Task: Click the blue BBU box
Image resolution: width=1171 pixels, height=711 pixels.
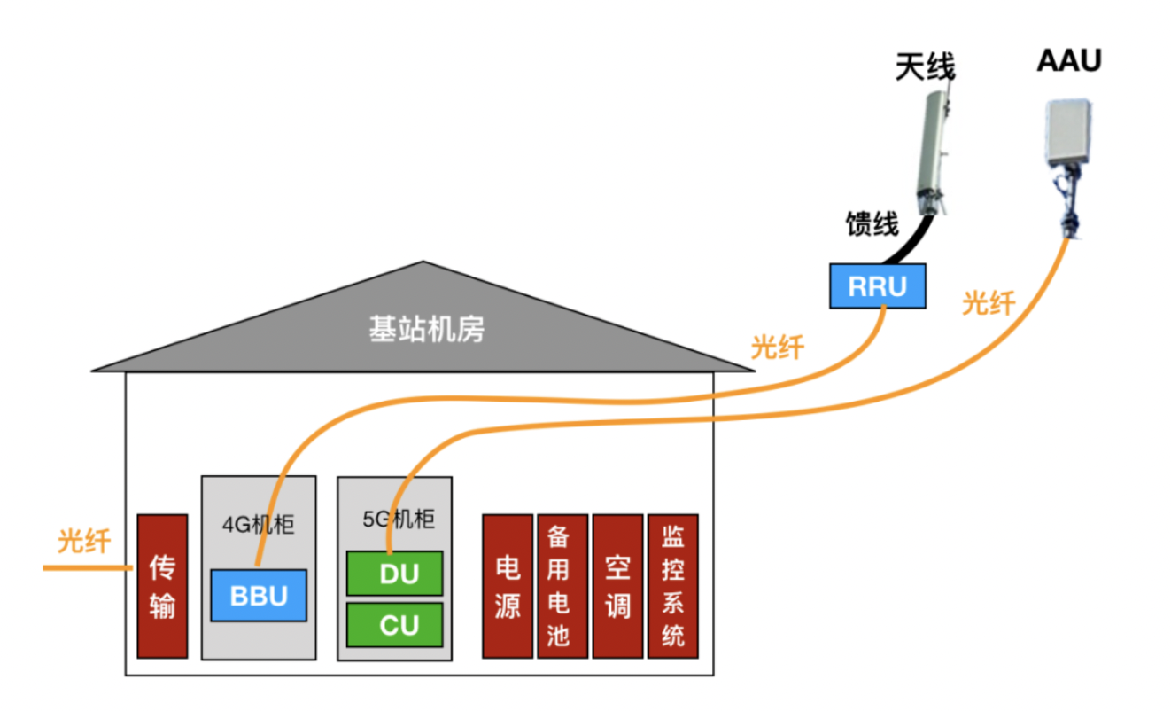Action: (259, 595)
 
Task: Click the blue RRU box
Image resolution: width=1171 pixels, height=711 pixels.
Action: (877, 286)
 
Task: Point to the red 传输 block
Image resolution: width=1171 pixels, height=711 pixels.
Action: (162, 586)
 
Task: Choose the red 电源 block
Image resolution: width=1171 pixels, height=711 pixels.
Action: (507, 586)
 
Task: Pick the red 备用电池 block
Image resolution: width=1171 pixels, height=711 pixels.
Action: (562, 586)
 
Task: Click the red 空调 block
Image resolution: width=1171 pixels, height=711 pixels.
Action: (617, 586)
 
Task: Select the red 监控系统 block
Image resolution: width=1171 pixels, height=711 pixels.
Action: (672, 586)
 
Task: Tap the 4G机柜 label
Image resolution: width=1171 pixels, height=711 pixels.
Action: (258, 524)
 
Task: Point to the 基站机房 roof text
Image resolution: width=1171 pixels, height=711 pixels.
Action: (426, 331)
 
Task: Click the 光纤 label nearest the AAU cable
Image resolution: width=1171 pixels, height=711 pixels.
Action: (988, 304)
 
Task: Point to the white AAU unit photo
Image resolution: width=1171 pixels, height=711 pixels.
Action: (1069, 133)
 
